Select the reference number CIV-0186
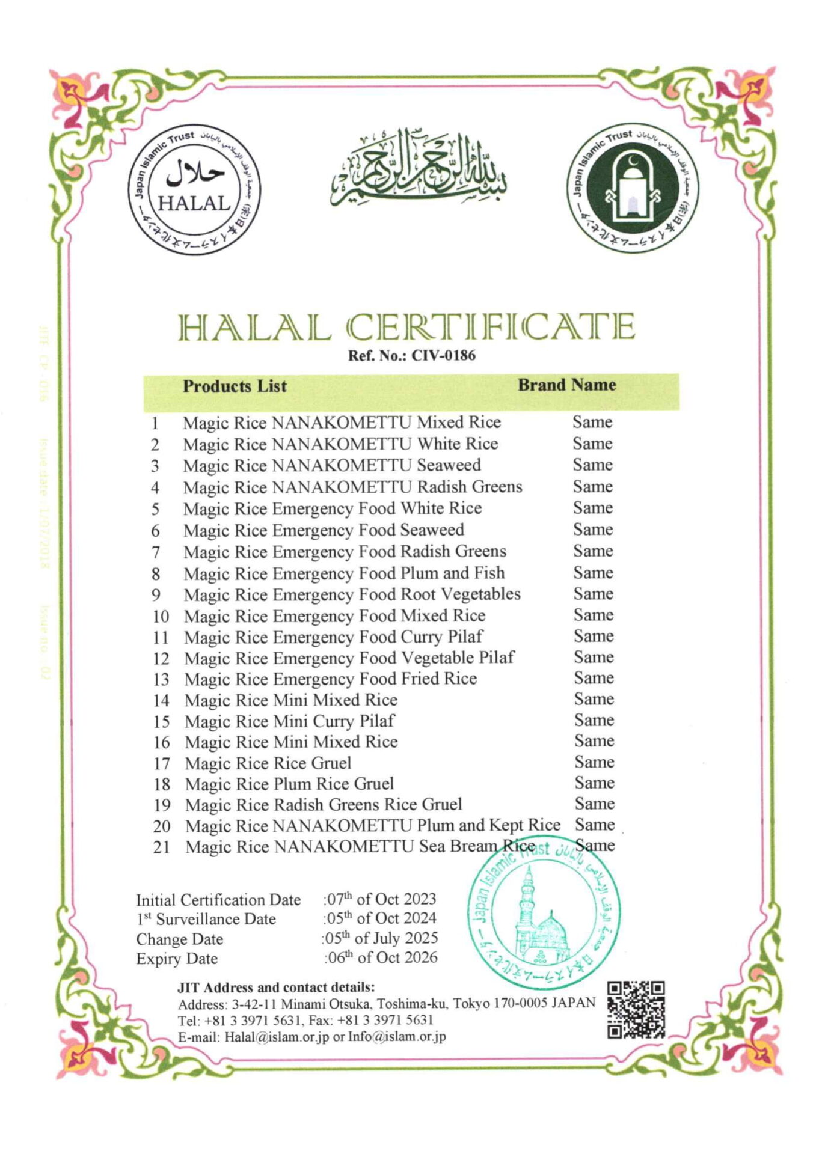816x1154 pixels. (443, 355)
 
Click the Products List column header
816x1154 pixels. (235, 386)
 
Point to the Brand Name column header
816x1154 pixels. (566, 385)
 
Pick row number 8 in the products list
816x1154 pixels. (156, 574)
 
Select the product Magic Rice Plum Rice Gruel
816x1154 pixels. (289, 784)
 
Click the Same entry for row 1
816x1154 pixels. (592, 422)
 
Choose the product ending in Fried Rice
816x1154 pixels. (331, 679)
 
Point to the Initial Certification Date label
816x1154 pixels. (218, 900)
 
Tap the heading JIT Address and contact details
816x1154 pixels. (276, 987)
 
